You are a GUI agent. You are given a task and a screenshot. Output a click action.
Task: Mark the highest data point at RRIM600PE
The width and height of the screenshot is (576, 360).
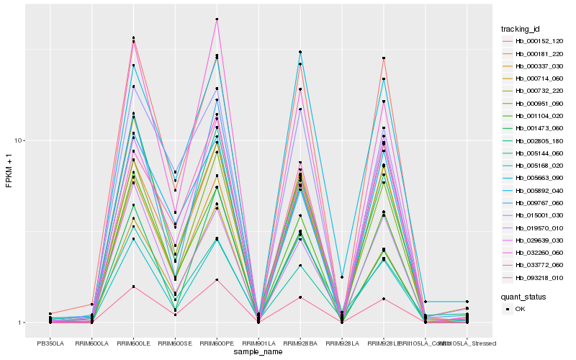[x=217, y=19]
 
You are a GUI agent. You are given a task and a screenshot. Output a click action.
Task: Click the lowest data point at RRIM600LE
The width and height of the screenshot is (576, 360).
[x=133, y=287]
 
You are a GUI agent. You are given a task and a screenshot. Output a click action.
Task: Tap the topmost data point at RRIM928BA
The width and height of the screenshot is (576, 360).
[x=300, y=52]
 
